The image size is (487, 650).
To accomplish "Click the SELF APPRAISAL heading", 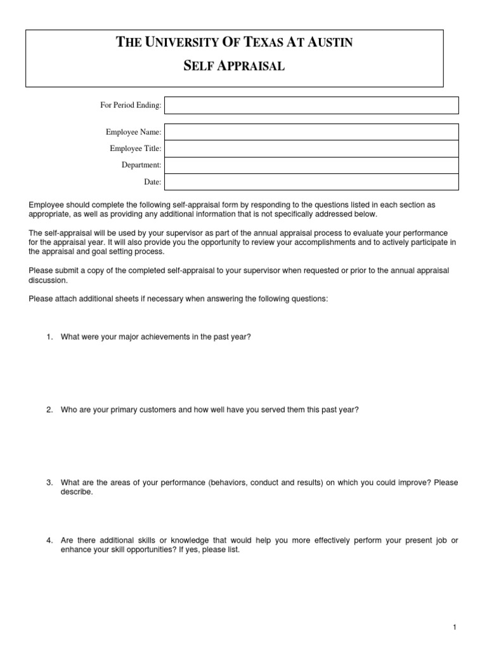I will pyautogui.click(x=234, y=66).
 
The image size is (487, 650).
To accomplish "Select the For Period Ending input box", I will pyautogui.click(x=311, y=105).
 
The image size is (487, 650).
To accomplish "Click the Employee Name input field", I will pyautogui.click(x=311, y=132).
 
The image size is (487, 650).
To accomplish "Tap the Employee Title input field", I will pyautogui.click(x=311, y=149).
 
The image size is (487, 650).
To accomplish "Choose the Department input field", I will pyautogui.click(x=311, y=165).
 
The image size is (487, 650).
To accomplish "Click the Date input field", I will pyautogui.click(x=311, y=182).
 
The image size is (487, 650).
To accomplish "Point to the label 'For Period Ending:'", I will pyautogui.click(x=131, y=105).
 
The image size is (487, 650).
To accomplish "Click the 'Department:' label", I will pyautogui.click(x=141, y=165).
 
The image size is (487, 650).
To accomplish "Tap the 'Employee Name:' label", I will pyautogui.click(x=133, y=132).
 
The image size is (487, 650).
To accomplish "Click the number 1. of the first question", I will pyautogui.click(x=49, y=337).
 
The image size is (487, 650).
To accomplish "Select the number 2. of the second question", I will pyautogui.click(x=49, y=410).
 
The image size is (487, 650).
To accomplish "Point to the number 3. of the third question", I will pyautogui.click(x=49, y=483).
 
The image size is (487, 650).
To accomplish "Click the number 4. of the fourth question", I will pyautogui.click(x=49, y=540).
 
